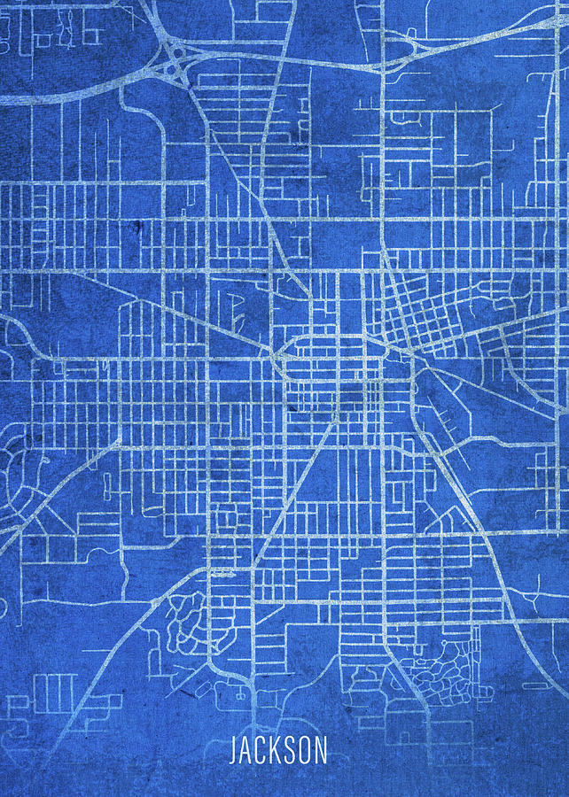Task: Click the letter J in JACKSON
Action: coord(234,752)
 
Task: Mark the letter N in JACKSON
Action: coord(319,752)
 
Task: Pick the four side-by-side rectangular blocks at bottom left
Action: coord(55,691)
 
